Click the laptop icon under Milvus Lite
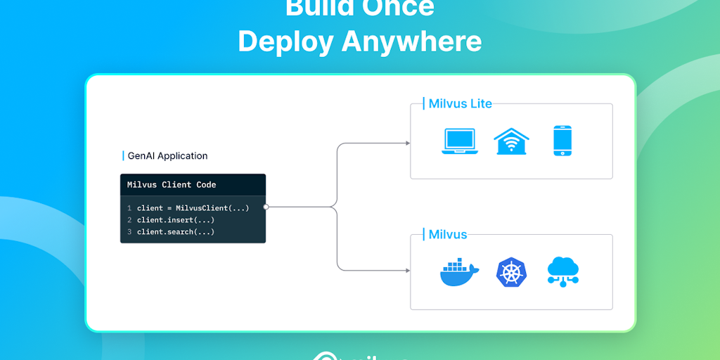point(459,141)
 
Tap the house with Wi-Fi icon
point(511,141)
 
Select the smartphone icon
point(562,141)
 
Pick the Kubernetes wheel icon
point(511,272)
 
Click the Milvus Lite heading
point(460,104)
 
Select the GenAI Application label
point(167,156)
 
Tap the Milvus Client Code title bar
point(193,185)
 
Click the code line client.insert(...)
point(176,220)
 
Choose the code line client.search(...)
point(176,232)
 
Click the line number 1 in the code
point(129,208)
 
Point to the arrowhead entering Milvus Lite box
point(407,143)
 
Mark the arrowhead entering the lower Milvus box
point(407,271)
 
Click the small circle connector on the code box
point(266,207)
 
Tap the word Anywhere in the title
point(412,41)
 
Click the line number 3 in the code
point(129,232)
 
